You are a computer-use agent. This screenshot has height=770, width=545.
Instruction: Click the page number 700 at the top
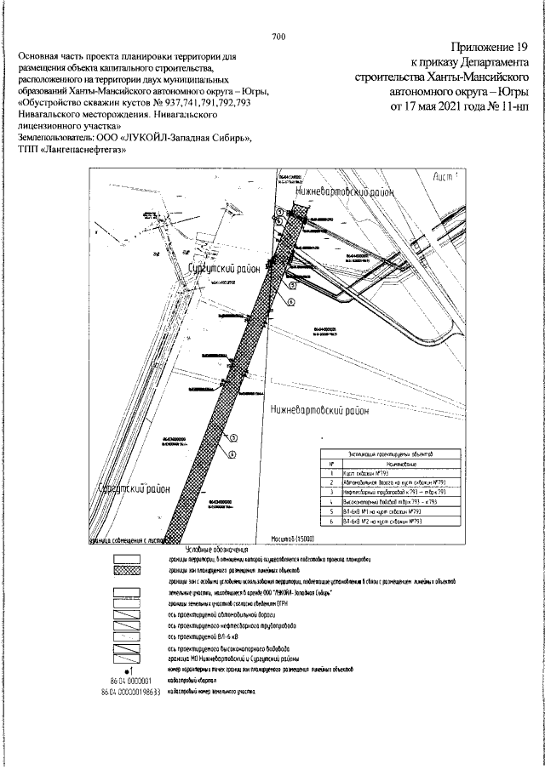pyautogui.click(x=278, y=36)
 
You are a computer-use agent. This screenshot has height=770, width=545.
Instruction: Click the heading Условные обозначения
pyautogui.click(x=215, y=550)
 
